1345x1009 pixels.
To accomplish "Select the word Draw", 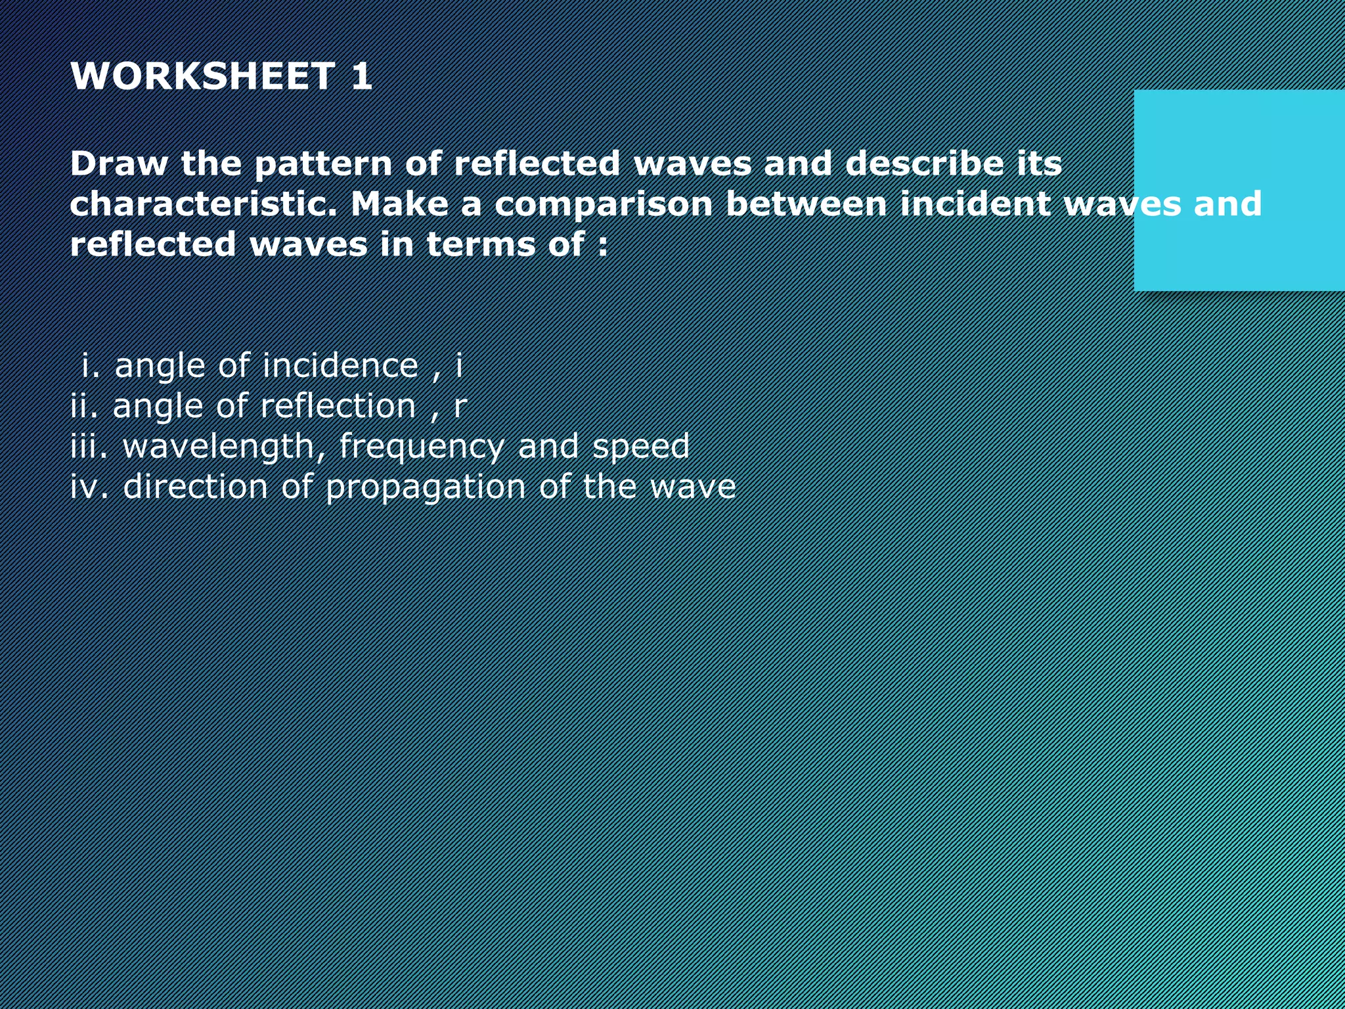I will click(x=119, y=163).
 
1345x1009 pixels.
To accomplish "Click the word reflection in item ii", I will click(x=338, y=406).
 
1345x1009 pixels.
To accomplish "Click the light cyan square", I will click(x=1239, y=191).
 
